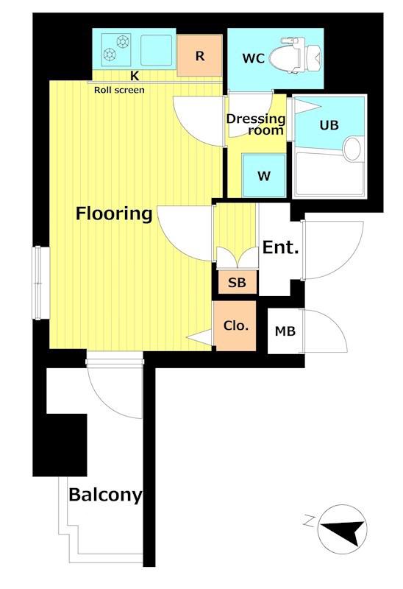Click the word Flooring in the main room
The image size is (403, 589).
pyautogui.click(x=114, y=214)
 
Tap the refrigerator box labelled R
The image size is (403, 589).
pyautogui.click(x=199, y=55)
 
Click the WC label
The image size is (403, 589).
pyautogui.click(x=253, y=58)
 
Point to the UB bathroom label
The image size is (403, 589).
pyautogui.click(x=329, y=124)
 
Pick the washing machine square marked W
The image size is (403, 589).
pyautogui.click(x=264, y=175)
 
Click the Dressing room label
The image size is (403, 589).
pyautogui.click(x=256, y=124)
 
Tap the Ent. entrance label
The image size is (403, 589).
pyautogui.click(x=280, y=247)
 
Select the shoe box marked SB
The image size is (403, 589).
pyautogui.click(x=238, y=282)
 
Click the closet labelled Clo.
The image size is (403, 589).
pyautogui.click(x=235, y=325)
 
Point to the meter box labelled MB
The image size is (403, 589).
pyautogui.click(x=285, y=331)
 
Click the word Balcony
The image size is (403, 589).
pyautogui.click(x=105, y=495)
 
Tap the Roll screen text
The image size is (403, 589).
pyautogui.click(x=119, y=90)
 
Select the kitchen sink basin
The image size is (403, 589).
pyautogui.click(x=157, y=50)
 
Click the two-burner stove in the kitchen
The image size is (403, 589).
pyautogui.click(x=116, y=49)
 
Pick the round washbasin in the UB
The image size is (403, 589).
pyautogui.click(x=352, y=149)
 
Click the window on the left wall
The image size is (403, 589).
pyautogui.click(x=38, y=283)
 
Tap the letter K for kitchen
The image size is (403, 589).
pyautogui.click(x=135, y=76)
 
